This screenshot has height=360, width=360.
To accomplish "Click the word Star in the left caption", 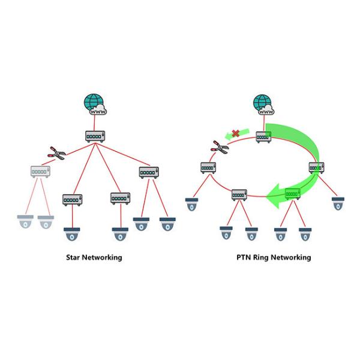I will (x=74, y=257).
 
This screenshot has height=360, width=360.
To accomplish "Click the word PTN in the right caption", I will (x=244, y=257).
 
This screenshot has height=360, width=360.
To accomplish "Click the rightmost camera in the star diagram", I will (x=168, y=224).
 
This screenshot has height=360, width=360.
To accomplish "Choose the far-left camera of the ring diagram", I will (x=192, y=204).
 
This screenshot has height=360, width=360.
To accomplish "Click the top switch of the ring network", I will (x=265, y=137).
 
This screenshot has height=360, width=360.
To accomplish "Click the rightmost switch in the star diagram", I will (x=148, y=172).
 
